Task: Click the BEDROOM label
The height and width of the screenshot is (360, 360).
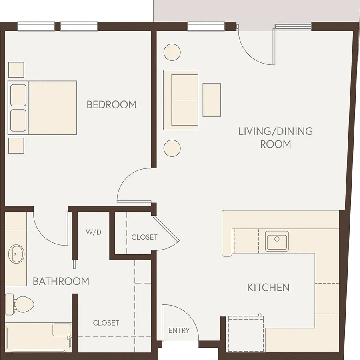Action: (x=112, y=105)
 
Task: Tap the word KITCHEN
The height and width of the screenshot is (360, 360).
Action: (x=268, y=288)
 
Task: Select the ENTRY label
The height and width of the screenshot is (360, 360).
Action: (x=179, y=330)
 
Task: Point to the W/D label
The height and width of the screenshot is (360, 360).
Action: (x=94, y=232)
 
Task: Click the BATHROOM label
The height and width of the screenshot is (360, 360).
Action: (x=61, y=281)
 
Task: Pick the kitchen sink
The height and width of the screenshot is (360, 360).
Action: (x=277, y=241)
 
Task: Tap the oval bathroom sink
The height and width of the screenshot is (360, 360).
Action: (x=16, y=254)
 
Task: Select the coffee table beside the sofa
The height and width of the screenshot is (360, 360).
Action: (x=212, y=100)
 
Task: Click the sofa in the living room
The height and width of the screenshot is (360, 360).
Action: (x=181, y=100)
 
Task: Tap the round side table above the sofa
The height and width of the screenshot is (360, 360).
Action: (x=172, y=52)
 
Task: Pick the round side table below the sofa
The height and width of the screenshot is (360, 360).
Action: (x=172, y=148)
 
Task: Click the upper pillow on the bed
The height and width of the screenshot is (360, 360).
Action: (x=18, y=95)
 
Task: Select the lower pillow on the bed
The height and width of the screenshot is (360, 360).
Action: (x=18, y=120)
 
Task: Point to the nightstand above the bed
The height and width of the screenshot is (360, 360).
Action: (x=16, y=70)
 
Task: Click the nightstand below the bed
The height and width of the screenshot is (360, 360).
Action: (x=16, y=146)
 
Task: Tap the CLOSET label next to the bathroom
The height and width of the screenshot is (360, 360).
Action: (x=106, y=323)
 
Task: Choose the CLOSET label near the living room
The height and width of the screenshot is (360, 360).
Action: (x=144, y=237)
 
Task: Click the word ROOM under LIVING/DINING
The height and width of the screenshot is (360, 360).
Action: (x=276, y=144)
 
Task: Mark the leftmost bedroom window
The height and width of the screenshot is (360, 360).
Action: (x=36, y=26)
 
